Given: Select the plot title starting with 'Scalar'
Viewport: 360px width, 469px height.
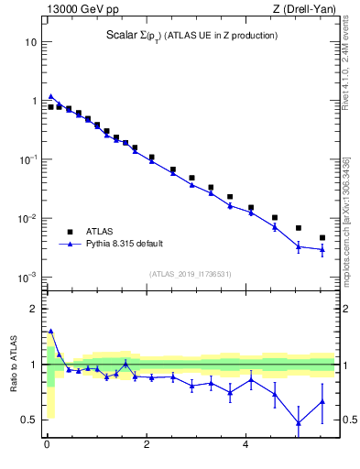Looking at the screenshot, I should tap(191, 36).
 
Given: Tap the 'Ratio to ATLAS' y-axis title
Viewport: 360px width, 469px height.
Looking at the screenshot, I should tap(14, 364).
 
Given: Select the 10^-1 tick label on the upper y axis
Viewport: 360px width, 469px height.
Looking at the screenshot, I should tap(29, 159).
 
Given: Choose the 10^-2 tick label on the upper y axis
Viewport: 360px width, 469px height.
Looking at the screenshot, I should tap(29, 218).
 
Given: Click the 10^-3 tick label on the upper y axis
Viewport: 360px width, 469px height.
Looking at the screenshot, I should tap(29, 277).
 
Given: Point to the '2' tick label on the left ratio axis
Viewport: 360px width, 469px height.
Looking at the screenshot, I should tap(34, 309).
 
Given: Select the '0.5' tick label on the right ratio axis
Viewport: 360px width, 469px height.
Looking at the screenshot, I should tap(348, 420).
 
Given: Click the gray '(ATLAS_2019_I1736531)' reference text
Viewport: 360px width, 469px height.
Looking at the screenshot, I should tap(191, 274).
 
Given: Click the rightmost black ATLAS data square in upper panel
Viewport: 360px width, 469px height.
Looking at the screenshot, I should tap(322, 237).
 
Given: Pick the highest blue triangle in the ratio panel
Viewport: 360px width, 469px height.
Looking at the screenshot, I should tap(51, 332).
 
